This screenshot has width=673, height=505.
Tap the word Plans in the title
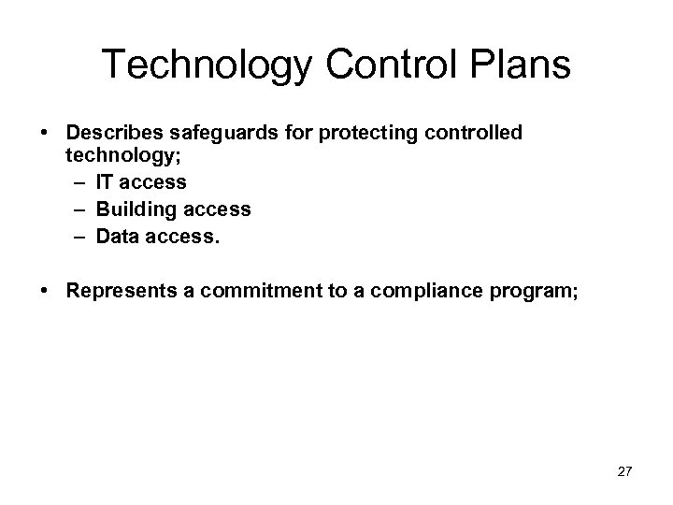point(517,65)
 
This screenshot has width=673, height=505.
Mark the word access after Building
point(218,209)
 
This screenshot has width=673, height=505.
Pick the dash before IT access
point(79,181)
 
